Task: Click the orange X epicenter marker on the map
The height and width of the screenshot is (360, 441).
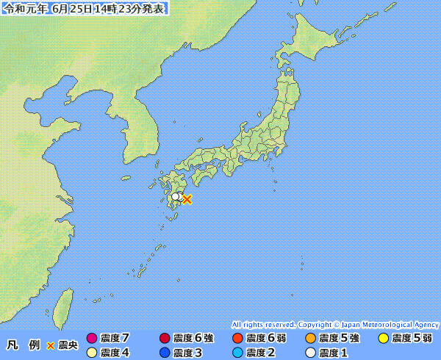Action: pos(187,199)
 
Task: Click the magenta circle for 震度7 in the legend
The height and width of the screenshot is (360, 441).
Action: pos(92,339)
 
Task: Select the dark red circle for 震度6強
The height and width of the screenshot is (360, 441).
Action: pos(165,339)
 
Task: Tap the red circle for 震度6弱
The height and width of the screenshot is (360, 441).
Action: pos(237,339)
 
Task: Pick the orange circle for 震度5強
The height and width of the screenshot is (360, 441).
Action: pos(310,339)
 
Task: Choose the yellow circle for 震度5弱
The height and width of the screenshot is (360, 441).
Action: pos(383,339)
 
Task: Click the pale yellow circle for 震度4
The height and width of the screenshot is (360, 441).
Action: pos(92,353)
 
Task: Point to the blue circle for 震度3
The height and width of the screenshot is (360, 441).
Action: pos(165,353)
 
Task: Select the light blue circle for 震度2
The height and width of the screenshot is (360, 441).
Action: pos(237,353)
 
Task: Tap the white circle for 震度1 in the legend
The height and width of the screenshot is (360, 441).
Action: pos(310,353)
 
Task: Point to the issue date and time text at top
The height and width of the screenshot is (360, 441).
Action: pos(85,9)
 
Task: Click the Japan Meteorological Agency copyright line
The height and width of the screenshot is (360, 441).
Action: pos(335,324)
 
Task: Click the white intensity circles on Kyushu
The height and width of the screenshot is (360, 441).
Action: pos(176,197)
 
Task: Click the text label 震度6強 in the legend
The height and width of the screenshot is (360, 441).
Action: pos(194,339)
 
